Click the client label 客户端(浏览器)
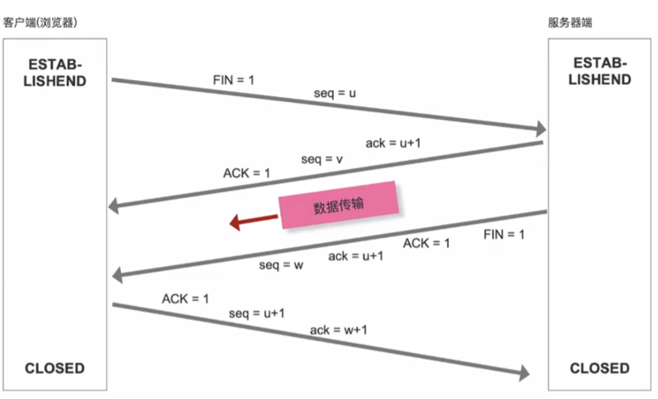tap(40, 22)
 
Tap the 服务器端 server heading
tap(570, 22)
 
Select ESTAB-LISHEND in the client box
tap(55, 73)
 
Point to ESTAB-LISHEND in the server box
tap(600, 71)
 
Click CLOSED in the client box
tap(55, 368)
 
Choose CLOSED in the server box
tap(600, 368)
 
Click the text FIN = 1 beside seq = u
tap(233, 80)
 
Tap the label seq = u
tap(334, 93)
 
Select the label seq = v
tap(322, 159)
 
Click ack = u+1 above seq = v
tap(393, 143)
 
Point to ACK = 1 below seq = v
tap(246, 173)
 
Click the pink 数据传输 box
tap(338, 205)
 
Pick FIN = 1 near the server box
tap(504, 234)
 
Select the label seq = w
tap(281, 265)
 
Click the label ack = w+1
tap(338, 330)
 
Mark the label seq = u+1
tap(256, 313)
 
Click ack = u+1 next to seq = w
tap(355, 256)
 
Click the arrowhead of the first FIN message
tap(541, 129)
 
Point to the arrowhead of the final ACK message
tap(524, 373)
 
